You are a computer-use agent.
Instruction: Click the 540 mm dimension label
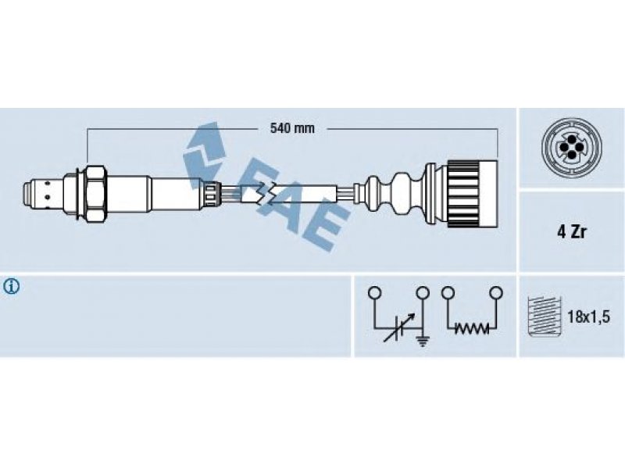[292, 128]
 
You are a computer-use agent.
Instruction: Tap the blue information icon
[11, 287]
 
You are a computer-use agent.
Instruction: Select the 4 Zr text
[572, 232]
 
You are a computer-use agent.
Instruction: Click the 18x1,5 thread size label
[589, 317]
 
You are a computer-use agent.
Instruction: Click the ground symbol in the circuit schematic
[423, 340]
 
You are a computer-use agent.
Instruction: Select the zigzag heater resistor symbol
[473, 328]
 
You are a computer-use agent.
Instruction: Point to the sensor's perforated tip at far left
[43, 194]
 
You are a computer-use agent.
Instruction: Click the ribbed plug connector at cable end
[472, 193]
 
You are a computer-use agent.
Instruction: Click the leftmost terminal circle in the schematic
[374, 292]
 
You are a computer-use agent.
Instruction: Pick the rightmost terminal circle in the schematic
[496, 292]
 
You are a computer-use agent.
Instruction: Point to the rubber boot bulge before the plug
[403, 193]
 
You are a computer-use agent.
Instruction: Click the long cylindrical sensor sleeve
[175, 193]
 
